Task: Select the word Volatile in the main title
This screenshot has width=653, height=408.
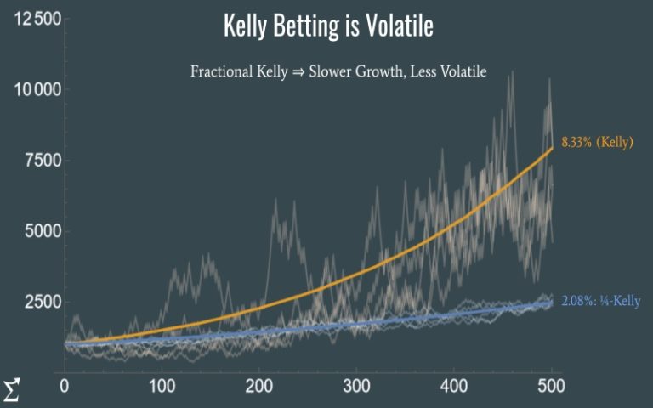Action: pos(400,25)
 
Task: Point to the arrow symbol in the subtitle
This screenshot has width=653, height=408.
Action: pos(298,72)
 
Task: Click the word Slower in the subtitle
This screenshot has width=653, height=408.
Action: pos(330,71)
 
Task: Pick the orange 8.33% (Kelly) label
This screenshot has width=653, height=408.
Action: pos(597,142)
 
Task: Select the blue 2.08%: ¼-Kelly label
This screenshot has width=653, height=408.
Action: pos(601,301)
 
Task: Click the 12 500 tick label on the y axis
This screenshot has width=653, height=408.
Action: pos(38,19)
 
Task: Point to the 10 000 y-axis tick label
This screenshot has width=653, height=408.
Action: pos(38,89)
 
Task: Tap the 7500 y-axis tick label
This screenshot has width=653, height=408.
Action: pos(43,161)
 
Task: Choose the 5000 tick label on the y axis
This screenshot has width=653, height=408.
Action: pos(43,231)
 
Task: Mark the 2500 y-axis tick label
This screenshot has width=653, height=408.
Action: pos(43,302)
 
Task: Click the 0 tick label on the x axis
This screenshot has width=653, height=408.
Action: pos(64,387)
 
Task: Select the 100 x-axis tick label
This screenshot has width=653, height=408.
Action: pos(162,387)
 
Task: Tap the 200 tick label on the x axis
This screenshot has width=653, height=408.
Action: pos(259,387)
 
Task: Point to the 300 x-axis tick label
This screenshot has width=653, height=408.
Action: pos(357,387)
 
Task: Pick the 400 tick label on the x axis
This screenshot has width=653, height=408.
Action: pos(454,387)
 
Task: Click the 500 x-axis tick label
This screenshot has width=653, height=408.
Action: pos(551,387)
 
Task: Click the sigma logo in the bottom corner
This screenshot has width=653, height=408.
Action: pos(11,390)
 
